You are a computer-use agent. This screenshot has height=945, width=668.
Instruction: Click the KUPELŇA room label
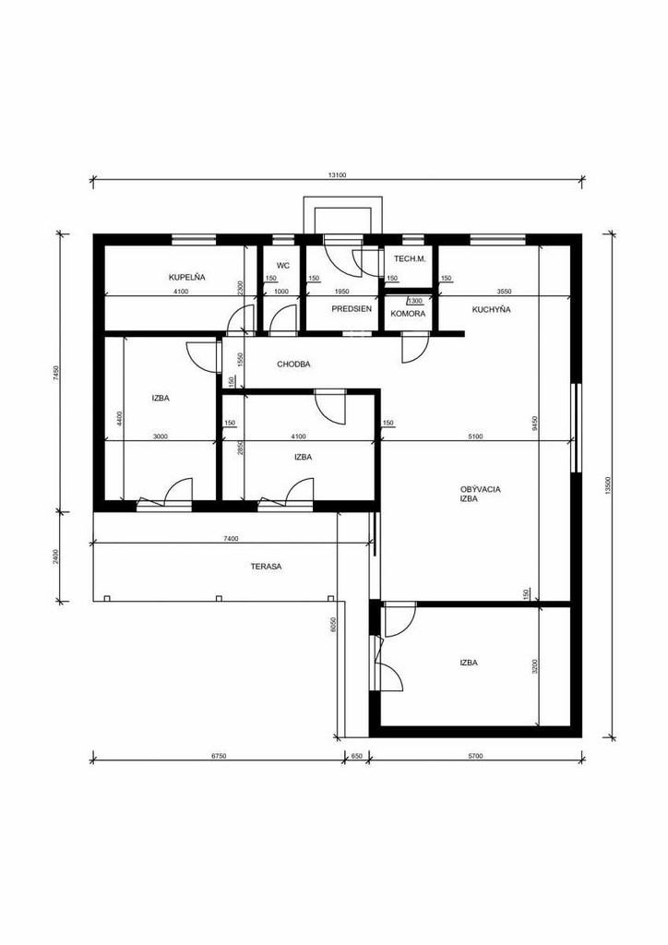tap(186, 277)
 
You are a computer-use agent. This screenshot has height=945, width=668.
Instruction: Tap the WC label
tap(282, 265)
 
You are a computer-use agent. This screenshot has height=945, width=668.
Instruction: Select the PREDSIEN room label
tap(352, 308)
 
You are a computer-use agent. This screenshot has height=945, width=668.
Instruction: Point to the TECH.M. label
tap(410, 258)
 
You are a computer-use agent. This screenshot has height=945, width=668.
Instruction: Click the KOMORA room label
tap(408, 314)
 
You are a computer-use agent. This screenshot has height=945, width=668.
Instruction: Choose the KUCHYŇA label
tap(491, 310)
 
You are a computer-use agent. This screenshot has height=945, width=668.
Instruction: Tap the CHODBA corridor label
tap(293, 364)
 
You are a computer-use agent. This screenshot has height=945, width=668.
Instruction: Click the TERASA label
tap(266, 567)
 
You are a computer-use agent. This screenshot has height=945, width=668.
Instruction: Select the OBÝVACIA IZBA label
tap(480, 495)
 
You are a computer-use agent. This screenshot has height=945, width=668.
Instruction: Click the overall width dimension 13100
tap(337, 175)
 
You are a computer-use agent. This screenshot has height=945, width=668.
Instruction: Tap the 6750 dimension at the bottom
tap(219, 756)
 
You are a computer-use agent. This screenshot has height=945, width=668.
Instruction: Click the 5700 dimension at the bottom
tap(476, 756)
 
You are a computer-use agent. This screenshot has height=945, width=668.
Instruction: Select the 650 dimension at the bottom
tap(356, 756)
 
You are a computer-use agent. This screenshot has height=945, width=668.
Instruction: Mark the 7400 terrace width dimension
tap(231, 539)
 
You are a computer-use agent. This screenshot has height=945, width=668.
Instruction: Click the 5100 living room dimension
tap(475, 437)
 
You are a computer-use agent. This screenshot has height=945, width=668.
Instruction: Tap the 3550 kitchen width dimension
tap(504, 292)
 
